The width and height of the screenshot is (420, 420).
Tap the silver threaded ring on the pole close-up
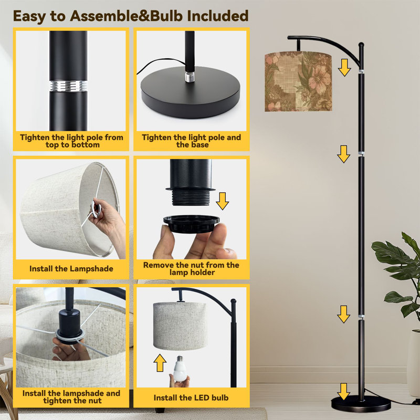(x=68, y=86)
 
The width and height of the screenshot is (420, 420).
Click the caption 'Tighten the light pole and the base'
(x=191, y=141)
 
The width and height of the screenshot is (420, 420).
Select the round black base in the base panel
(x=191, y=92)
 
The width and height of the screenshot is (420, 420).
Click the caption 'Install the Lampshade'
(x=71, y=269)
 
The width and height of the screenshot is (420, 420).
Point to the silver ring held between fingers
(x=96, y=208)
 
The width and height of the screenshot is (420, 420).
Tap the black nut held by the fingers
(x=191, y=224)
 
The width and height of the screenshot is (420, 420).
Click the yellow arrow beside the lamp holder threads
(x=222, y=201)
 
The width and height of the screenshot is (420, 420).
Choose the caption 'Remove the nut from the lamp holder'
(x=191, y=269)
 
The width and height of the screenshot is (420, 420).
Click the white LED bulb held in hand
(x=180, y=368)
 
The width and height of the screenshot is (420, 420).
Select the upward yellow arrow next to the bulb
(x=160, y=363)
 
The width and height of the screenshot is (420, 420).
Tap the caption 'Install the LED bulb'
(x=191, y=398)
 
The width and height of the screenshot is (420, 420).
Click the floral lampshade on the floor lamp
(x=298, y=81)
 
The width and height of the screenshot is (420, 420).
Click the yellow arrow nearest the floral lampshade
(x=344, y=68)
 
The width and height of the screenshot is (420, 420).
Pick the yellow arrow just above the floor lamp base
(x=344, y=392)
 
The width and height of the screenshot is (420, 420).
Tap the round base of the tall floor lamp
(x=361, y=403)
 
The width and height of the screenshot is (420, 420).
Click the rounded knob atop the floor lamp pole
(x=361, y=45)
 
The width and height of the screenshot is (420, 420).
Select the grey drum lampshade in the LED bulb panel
(x=180, y=325)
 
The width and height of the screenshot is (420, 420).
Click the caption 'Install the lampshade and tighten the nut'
(x=71, y=397)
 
